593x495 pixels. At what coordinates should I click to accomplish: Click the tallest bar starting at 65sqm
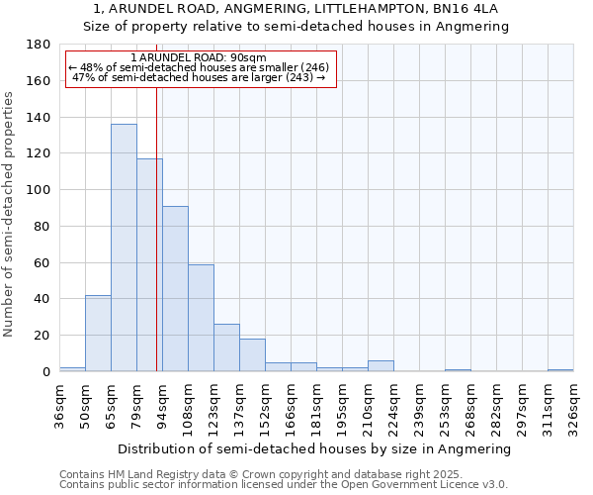(x=124, y=247)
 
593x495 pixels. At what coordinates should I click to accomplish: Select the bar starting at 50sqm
(x=98, y=333)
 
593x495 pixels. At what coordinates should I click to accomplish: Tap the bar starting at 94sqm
(x=175, y=288)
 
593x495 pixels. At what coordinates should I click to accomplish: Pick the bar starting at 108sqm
(x=201, y=318)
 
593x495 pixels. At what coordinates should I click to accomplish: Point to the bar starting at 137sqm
(x=252, y=354)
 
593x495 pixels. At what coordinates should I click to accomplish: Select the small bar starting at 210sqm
(x=381, y=366)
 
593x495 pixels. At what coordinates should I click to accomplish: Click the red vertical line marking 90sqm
(x=156, y=228)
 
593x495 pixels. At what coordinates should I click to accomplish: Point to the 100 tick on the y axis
(x=38, y=190)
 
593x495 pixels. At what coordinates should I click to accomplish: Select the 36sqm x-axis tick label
(x=59, y=405)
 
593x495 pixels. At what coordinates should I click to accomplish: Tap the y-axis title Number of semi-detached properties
(x=9, y=213)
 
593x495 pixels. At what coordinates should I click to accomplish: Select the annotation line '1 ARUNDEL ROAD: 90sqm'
(x=198, y=57)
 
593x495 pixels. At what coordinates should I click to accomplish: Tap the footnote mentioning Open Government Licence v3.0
(x=284, y=484)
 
